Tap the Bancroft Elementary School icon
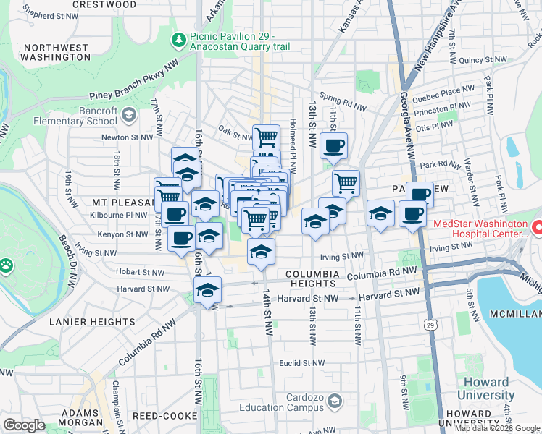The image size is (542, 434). click(129, 114)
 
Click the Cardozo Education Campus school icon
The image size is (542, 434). click(334, 400)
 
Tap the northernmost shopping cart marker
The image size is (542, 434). click(266, 137)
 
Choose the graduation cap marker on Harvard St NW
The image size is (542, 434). click(207, 292)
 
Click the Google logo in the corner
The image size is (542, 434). click(25, 425)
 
